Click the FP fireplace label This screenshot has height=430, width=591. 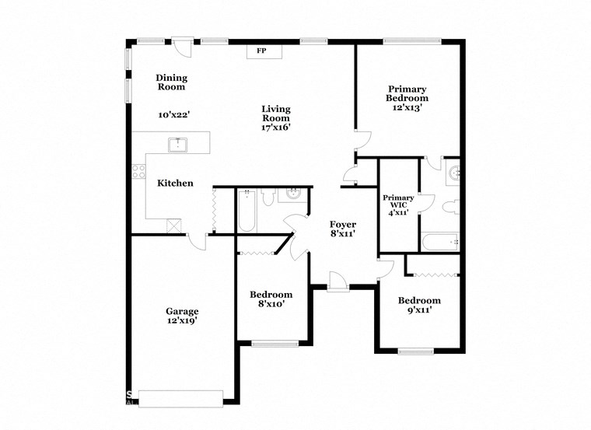pyautogui.click(x=261, y=51)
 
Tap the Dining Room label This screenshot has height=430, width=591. pyautogui.click(x=171, y=82)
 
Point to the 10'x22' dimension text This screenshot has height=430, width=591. pyautogui.click(x=173, y=114)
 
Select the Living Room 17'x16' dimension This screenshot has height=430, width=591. pyautogui.click(x=276, y=128)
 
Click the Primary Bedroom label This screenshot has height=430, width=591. pyautogui.click(x=407, y=93)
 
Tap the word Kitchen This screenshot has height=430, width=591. pyautogui.click(x=175, y=184)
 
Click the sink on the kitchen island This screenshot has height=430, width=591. pyautogui.click(x=178, y=144)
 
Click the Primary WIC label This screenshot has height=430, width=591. pyautogui.click(x=397, y=203)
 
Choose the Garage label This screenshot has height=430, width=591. pyautogui.click(x=181, y=310)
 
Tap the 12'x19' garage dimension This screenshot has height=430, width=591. pyautogui.click(x=181, y=320)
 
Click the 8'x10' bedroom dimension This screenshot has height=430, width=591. pyautogui.click(x=271, y=304)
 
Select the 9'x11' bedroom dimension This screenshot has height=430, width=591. pyautogui.click(x=419, y=310)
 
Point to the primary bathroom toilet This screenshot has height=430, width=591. pyautogui.click(x=449, y=208)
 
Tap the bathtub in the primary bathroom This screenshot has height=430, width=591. pyautogui.click(x=441, y=243)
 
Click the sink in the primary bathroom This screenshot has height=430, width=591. pyautogui.click(x=453, y=172)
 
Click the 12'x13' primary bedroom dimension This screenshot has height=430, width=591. pyautogui.click(x=407, y=109)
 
